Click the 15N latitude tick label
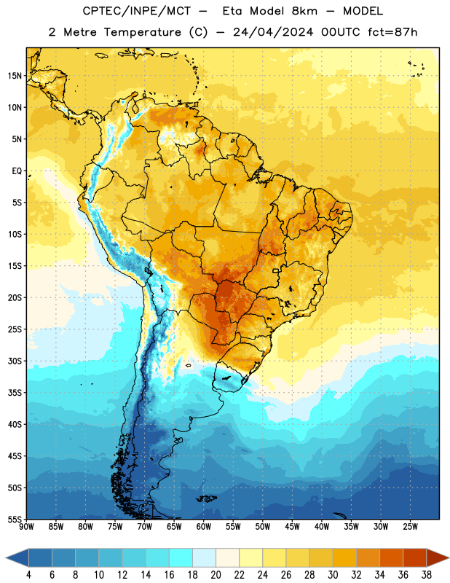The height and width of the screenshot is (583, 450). coord(15,76)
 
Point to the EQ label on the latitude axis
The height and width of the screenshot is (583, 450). coord(17,171)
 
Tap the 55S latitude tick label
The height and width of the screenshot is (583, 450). coord(15,519)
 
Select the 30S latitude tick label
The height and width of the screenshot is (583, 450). coord(15,361)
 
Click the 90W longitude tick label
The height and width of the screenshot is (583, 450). coord(27,527)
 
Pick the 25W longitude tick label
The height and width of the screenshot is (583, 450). coord(410,527)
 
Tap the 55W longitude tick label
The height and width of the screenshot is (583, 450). coord(233,527)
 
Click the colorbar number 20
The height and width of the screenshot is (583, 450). coord(216,575)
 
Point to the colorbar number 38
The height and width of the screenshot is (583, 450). coord(427,575)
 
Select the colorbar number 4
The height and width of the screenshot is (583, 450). coord(28,575)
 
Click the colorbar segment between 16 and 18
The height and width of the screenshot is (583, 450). coord(181,557)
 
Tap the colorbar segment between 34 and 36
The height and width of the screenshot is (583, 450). coord(391,557)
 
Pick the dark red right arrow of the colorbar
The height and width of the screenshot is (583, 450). coord(437,557)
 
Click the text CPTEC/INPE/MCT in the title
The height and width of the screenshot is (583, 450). coord(136,11)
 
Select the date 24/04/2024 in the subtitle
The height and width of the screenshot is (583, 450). coord(273,32)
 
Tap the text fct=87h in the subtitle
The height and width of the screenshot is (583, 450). coord(392,32)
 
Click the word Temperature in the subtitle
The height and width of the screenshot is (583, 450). coord(142,32)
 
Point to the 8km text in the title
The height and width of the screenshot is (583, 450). coord(304,11)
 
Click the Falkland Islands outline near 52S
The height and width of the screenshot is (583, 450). coord(207,498)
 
